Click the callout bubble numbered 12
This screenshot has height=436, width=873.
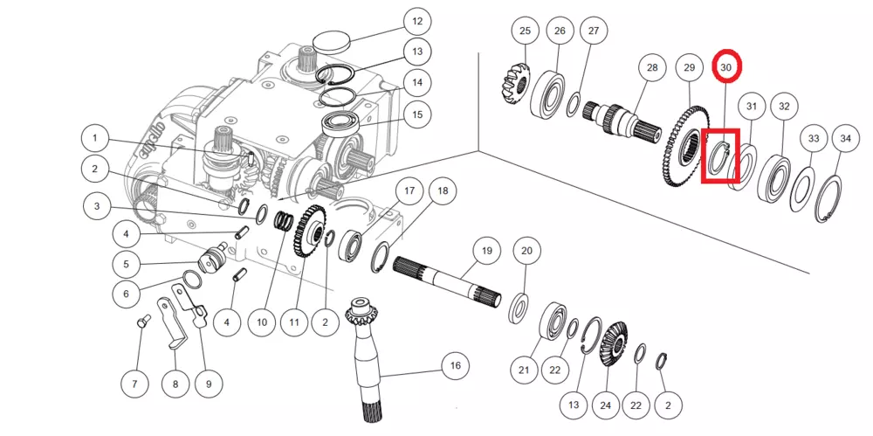tap(417, 21)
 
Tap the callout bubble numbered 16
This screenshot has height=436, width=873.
tap(455, 365)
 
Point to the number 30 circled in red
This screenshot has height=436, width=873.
tap(726, 66)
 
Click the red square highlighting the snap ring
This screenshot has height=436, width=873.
tap(720, 157)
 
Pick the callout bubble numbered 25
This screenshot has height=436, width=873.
tap(525, 31)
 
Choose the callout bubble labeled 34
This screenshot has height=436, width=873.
tap(845, 138)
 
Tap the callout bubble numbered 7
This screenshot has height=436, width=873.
tap(134, 384)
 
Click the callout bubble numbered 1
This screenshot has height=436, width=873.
tap(95, 138)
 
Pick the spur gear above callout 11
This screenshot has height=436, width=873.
tap(310, 232)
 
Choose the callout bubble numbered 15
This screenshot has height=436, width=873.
tap(417, 114)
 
